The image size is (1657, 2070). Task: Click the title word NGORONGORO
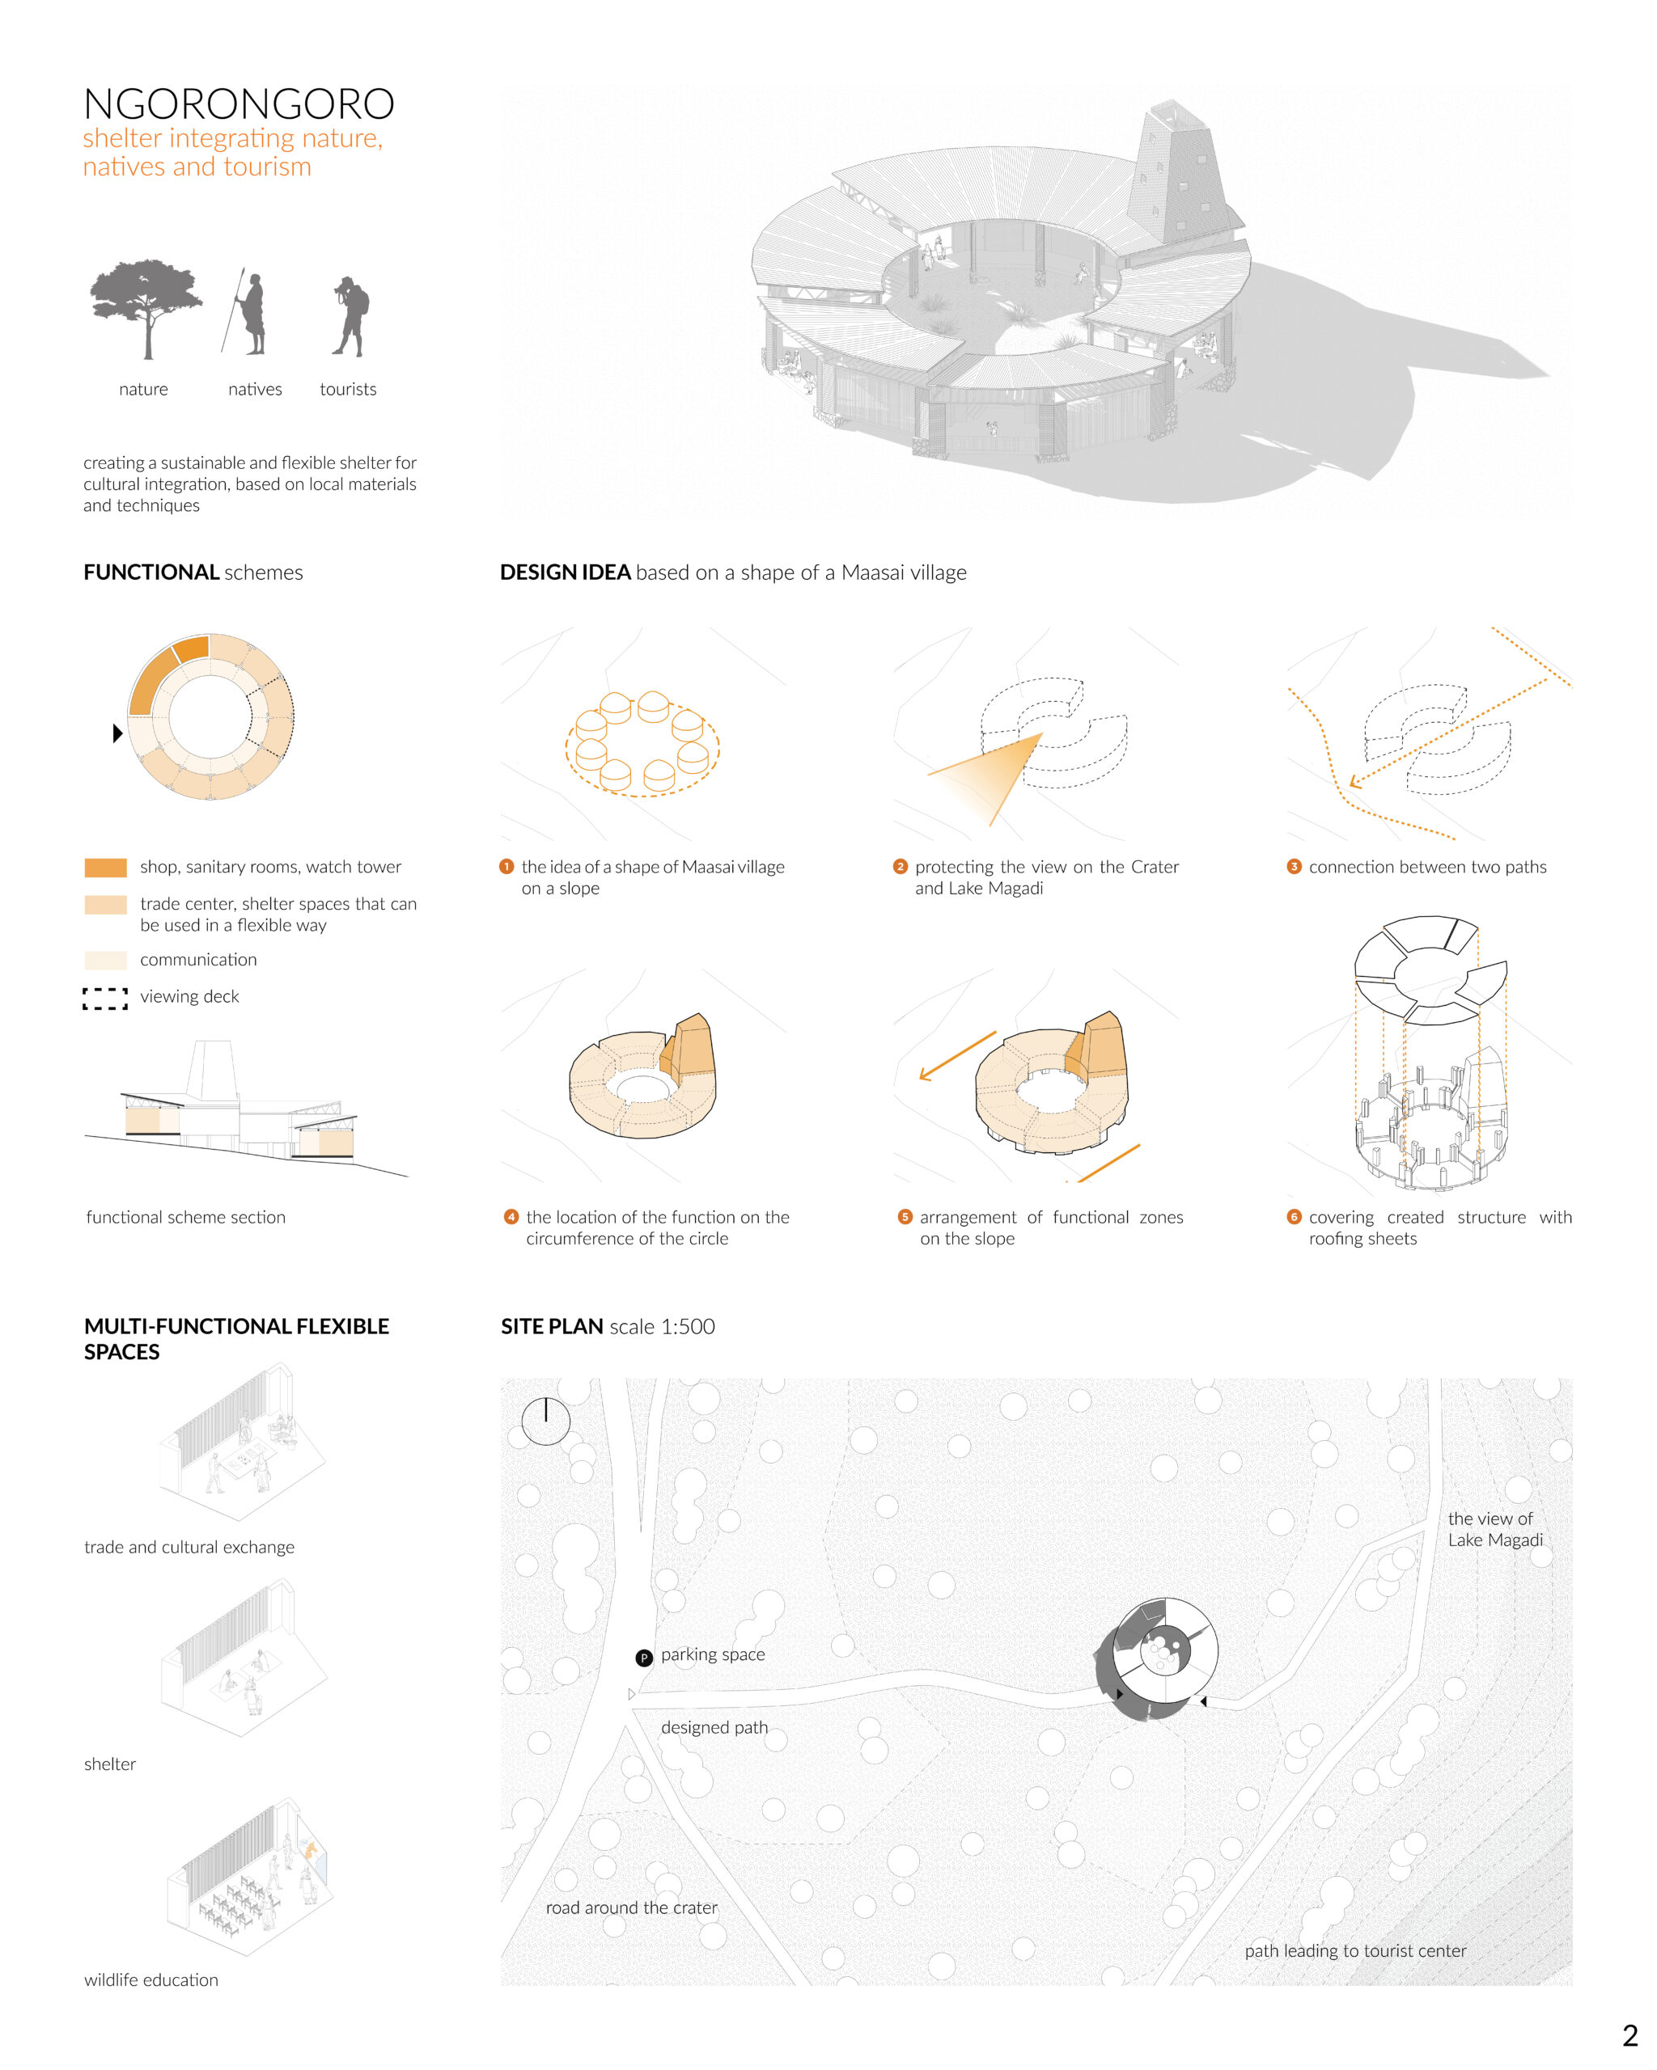pyautogui.click(x=238, y=103)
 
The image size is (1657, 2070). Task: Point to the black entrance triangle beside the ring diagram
pyautogui.click(x=118, y=733)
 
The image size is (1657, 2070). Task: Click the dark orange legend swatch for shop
pyautogui.click(x=106, y=868)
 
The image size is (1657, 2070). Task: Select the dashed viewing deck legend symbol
pyautogui.click(x=106, y=999)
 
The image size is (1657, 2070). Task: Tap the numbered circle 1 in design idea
pyautogui.click(x=507, y=867)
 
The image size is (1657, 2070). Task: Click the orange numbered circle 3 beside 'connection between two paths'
pyautogui.click(x=1294, y=867)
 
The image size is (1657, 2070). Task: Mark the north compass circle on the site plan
pyautogui.click(x=545, y=1421)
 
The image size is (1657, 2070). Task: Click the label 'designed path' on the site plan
pyautogui.click(x=714, y=1727)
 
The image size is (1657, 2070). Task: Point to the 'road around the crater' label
pyautogui.click(x=632, y=1907)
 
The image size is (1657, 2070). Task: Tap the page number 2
pyautogui.click(x=1629, y=2035)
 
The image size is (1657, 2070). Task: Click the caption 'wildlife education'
pyautogui.click(x=150, y=1979)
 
